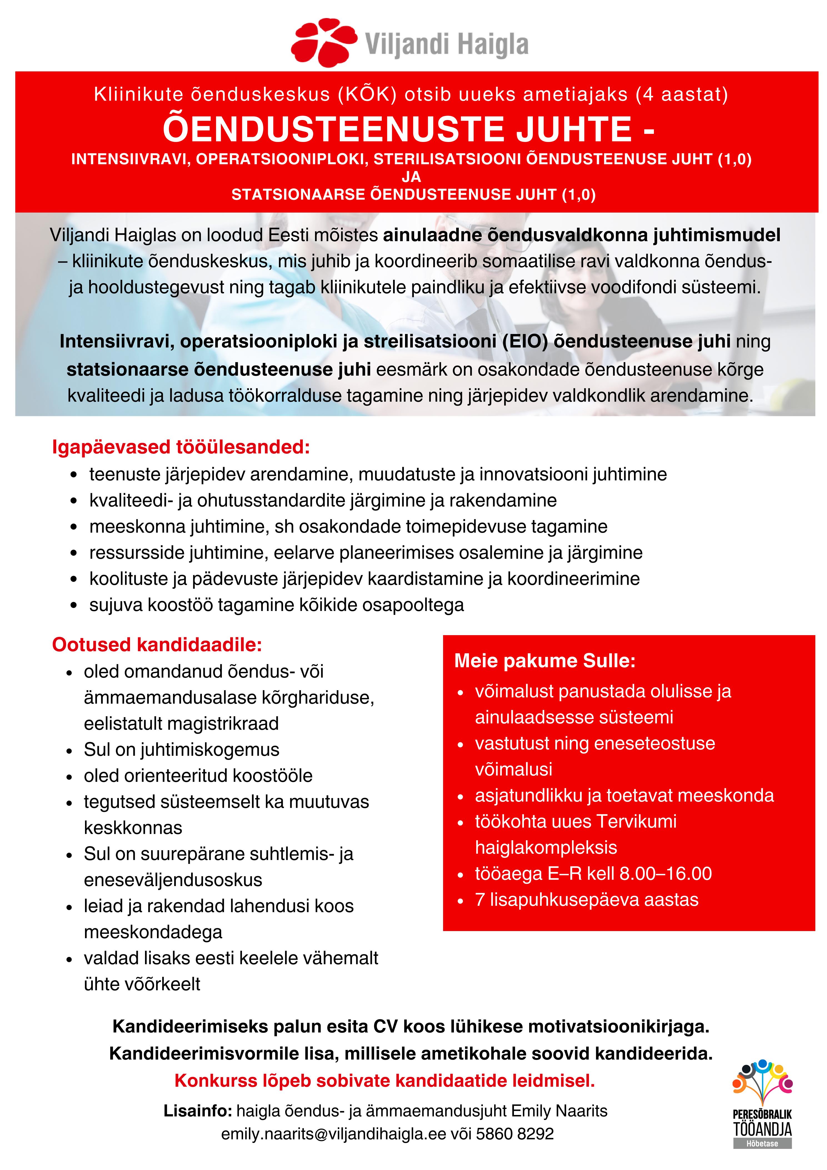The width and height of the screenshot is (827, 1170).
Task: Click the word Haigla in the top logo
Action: point(491,45)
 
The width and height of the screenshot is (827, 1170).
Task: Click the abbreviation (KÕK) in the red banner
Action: point(367,95)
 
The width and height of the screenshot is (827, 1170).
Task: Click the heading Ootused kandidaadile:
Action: point(157,645)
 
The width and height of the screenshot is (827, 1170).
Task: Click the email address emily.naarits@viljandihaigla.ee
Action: point(333,1134)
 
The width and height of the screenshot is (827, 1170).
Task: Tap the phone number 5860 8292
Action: point(515,1134)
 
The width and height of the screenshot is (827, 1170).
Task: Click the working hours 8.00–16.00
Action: point(666,874)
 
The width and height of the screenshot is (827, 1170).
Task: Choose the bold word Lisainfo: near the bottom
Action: point(198,1111)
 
